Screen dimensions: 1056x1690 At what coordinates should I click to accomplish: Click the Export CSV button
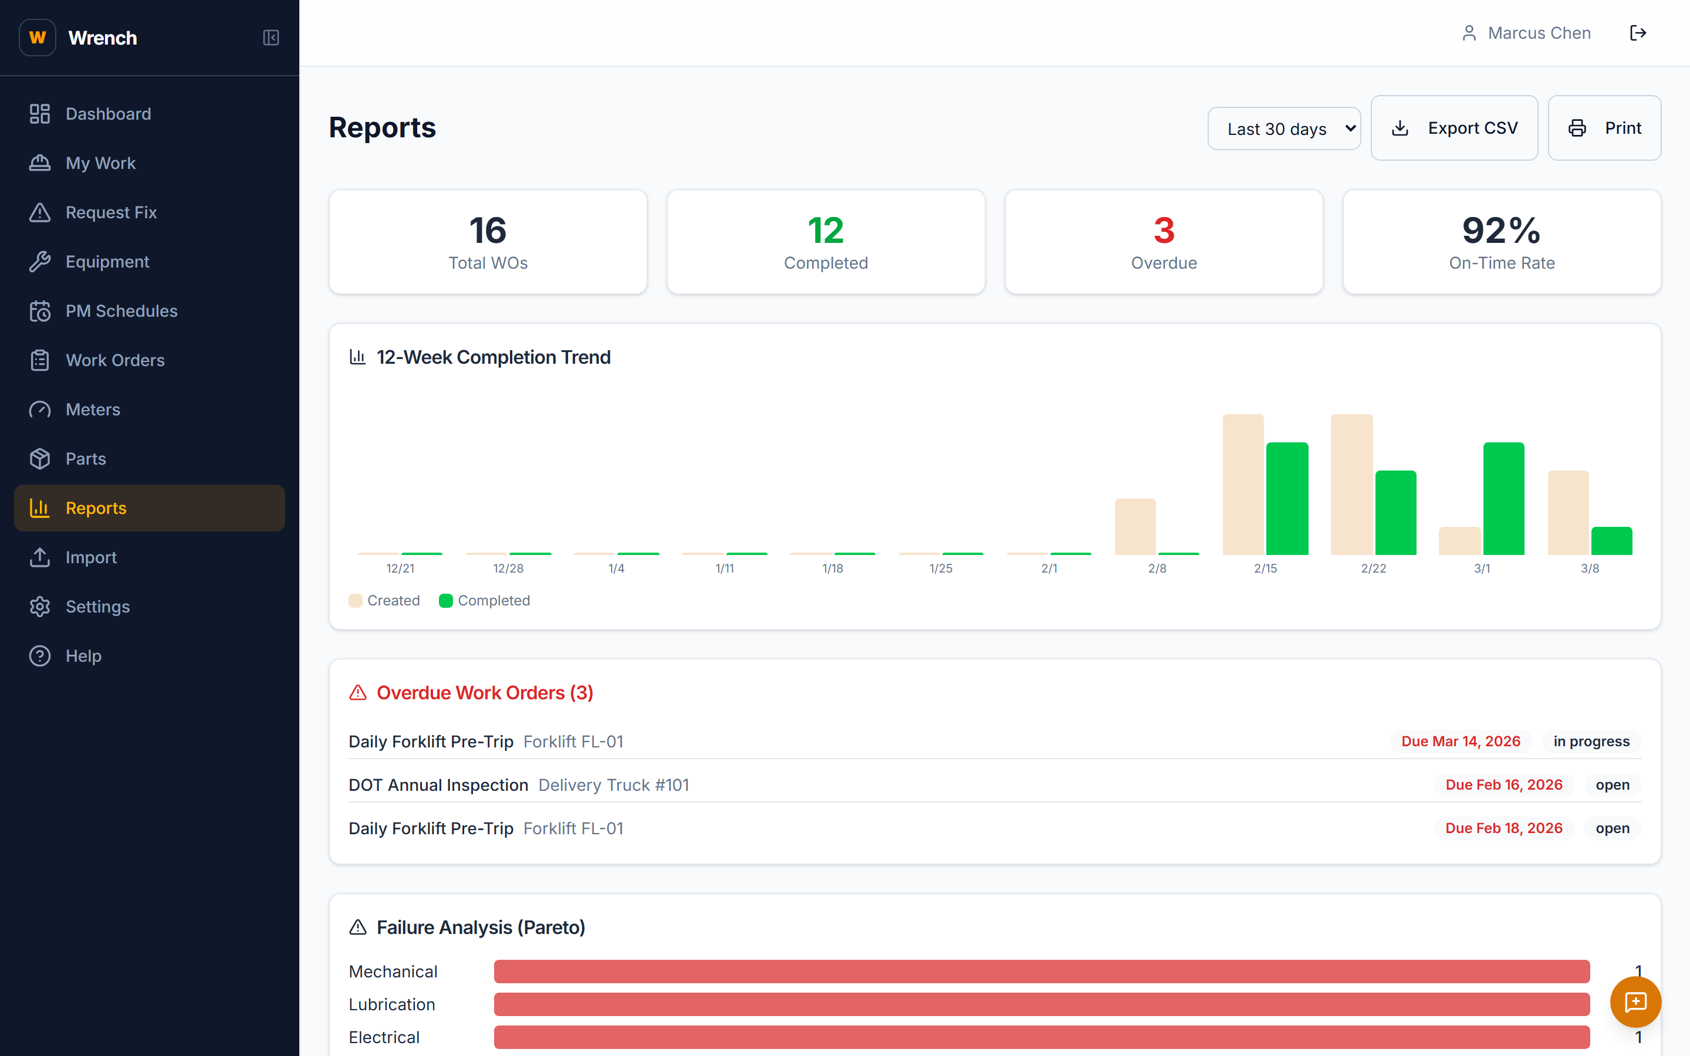tap(1454, 128)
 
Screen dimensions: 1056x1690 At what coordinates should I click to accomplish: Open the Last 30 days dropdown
tap(1283, 128)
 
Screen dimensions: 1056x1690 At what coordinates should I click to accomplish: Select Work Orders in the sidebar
tap(115, 360)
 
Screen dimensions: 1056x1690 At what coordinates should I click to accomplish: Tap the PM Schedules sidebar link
tap(121, 311)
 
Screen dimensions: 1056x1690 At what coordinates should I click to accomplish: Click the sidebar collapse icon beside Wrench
tap(271, 38)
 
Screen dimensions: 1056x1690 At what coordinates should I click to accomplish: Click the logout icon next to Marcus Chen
tap(1638, 33)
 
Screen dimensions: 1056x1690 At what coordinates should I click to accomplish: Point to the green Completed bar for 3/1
tap(1503, 498)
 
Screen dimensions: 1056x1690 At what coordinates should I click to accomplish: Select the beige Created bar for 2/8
tap(1135, 527)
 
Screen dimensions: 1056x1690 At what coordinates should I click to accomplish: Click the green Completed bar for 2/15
tap(1286, 498)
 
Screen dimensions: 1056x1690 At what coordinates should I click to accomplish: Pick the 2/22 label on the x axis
tap(1373, 568)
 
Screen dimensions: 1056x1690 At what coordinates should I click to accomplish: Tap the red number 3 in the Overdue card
tap(1164, 231)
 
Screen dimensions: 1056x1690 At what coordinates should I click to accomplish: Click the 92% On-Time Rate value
tap(1500, 231)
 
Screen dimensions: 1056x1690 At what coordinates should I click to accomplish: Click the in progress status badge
tap(1591, 741)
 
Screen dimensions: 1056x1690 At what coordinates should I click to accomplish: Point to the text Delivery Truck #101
tap(613, 785)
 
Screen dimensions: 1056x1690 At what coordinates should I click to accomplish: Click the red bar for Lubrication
tap(1041, 1004)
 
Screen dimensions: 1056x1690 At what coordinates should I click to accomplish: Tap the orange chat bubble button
tap(1635, 1002)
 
